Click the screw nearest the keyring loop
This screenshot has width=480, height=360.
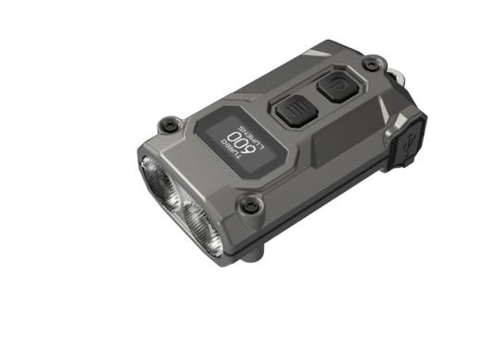click(x=370, y=63)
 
